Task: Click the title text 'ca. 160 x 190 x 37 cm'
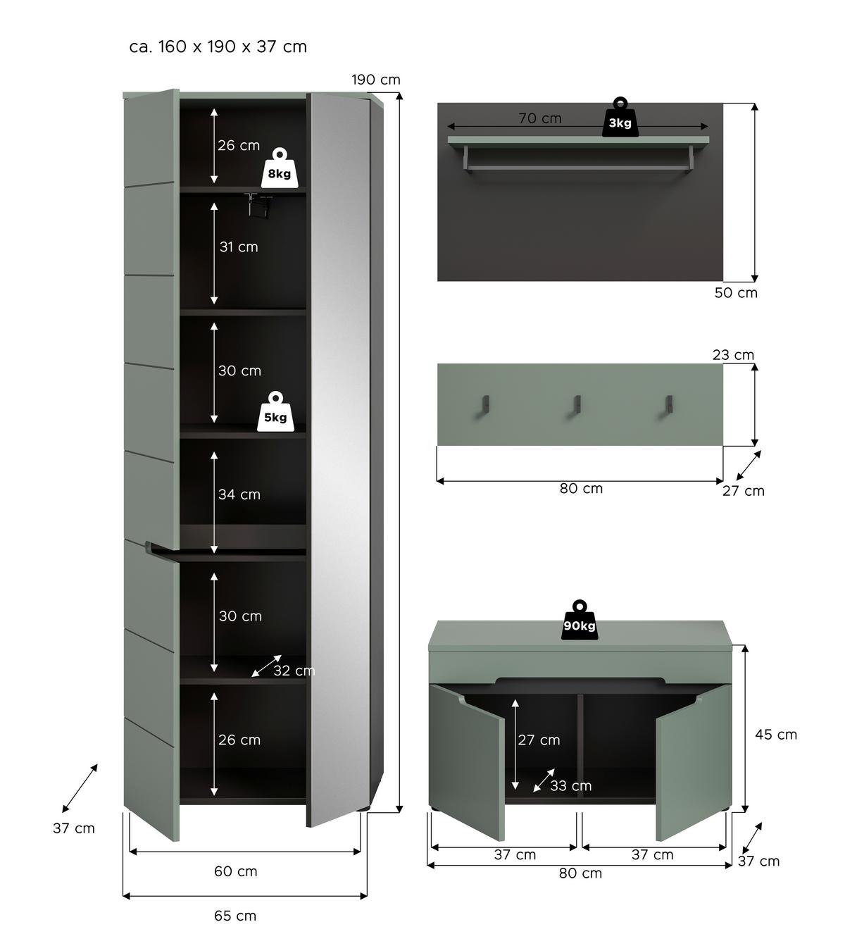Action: pos(218,46)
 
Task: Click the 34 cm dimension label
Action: pos(239,494)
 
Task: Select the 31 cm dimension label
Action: pos(238,247)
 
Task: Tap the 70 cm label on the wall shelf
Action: pos(540,118)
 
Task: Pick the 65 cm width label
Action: pos(235,916)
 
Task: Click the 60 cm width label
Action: pos(235,871)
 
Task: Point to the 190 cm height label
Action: pos(376,80)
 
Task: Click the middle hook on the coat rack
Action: pos(577,405)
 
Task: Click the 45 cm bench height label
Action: pos(776,734)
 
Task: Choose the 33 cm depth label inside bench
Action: pos(570,785)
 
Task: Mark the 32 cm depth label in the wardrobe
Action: pos(294,671)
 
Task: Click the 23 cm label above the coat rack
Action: pos(733,355)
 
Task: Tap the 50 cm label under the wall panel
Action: pos(736,292)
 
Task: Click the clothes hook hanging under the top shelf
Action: pos(258,206)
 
